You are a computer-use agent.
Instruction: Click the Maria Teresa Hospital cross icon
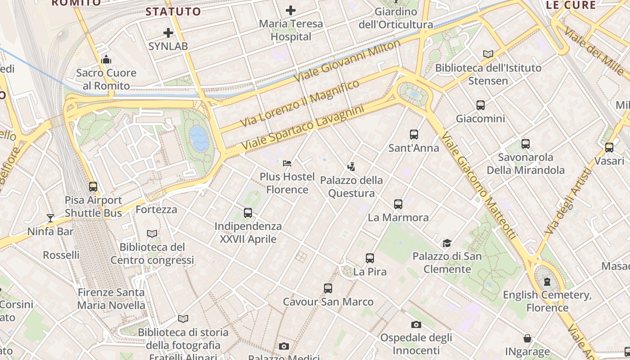coord(291,10)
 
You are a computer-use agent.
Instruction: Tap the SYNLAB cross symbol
coord(168,32)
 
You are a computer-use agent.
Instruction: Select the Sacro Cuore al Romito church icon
coord(106,59)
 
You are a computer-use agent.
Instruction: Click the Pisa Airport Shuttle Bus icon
coord(93,186)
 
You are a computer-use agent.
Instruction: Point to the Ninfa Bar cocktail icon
coord(50,218)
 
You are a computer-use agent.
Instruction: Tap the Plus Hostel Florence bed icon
coord(287,163)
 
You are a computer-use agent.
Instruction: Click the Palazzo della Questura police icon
coord(351,167)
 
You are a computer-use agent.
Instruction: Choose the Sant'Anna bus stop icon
coord(414,134)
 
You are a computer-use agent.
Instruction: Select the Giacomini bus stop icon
coord(481,105)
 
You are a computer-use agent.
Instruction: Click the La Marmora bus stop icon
coord(398,204)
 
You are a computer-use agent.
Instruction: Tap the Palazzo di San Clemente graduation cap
coord(447,243)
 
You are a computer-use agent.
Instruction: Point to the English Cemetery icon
coord(547,282)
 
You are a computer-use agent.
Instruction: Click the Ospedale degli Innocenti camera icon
coord(416,324)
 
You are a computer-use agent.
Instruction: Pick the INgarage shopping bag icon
coord(527,338)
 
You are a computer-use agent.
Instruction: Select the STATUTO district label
coord(173,12)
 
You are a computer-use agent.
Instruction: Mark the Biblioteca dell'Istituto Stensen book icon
coord(488,54)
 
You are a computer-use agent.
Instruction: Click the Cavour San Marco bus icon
coord(328,288)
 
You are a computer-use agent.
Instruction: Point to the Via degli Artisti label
coord(567,201)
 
